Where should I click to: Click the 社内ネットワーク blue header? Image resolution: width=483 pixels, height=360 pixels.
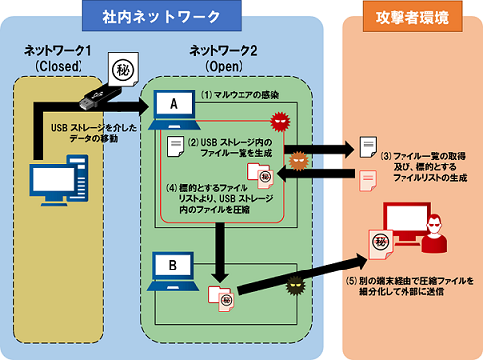click(162, 16)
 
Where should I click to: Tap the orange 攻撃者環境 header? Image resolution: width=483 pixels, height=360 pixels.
click(412, 17)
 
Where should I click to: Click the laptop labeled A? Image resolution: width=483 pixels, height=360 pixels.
click(174, 110)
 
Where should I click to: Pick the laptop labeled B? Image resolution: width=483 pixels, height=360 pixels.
click(173, 271)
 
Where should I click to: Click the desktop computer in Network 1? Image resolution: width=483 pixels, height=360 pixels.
click(59, 180)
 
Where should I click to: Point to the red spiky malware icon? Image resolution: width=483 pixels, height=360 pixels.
click(280, 121)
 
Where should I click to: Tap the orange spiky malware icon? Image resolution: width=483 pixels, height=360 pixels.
click(299, 161)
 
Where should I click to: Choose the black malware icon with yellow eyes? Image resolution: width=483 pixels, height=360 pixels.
click(295, 286)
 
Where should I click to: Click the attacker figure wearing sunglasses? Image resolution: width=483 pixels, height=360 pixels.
click(435, 234)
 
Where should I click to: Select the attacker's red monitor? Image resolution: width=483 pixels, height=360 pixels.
click(405, 222)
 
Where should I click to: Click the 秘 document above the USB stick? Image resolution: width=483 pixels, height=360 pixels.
click(123, 69)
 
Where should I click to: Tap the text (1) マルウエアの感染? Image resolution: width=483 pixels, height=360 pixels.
click(240, 95)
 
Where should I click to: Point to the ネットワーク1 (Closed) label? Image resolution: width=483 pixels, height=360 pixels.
click(58, 58)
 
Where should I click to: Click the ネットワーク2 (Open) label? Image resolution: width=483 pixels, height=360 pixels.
click(224, 59)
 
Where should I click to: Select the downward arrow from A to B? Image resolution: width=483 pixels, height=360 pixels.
click(219, 253)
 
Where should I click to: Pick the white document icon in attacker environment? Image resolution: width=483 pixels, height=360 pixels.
click(368, 147)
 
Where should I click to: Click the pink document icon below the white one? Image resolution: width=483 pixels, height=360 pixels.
click(368, 181)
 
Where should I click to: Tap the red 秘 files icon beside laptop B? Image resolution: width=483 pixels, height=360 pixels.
click(221, 299)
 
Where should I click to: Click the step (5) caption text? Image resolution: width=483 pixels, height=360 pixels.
click(409, 286)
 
